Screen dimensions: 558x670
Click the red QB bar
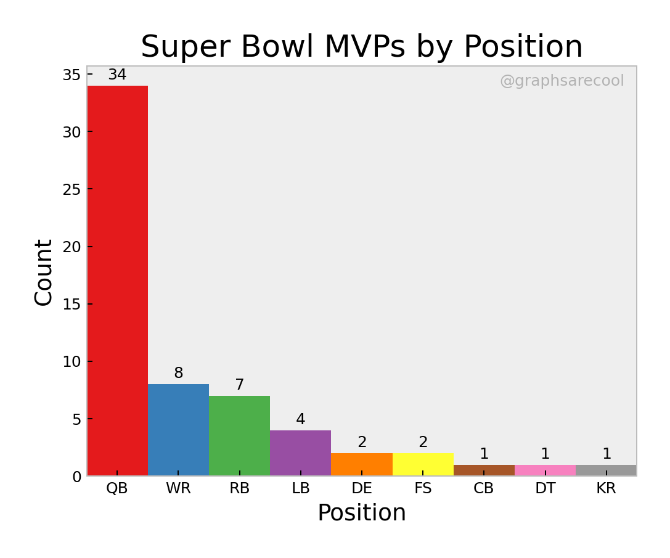(x=117, y=281)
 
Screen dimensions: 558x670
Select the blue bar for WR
(x=178, y=430)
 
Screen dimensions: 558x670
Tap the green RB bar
(x=239, y=436)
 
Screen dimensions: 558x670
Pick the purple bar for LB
(x=300, y=453)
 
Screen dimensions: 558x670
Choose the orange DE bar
(x=362, y=464)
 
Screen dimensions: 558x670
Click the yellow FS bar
(x=423, y=464)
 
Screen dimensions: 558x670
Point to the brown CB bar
(x=484, y=470)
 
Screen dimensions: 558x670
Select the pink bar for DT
(x=545, y=470)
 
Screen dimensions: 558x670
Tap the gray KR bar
(x=606, y=470)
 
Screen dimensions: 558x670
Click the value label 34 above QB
(x=117, y=75)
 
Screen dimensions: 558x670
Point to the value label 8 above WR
(x=178, y=374)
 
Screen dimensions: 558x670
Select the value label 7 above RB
(x=239, y=385)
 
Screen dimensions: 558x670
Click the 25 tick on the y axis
(x=71, y=189)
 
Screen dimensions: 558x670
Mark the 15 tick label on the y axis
(x=71, y=304)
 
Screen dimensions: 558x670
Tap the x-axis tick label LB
(x=300, y=489)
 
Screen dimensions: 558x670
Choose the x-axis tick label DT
(x=545, y=489)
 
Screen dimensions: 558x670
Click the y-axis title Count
(x=44, y=272)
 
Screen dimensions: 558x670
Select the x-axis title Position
(x=362, y=514)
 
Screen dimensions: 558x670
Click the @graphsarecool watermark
(x=562, y=81)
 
